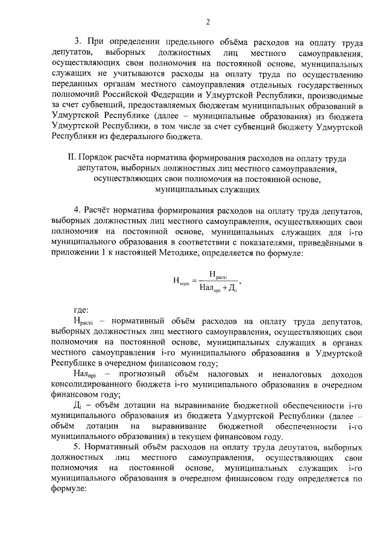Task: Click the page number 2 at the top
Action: click(207, 23)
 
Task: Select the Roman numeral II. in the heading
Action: click(72, 157)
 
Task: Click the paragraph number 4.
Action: click(77, 210)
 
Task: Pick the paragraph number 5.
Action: click(77, 449)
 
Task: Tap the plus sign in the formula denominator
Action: click(225, 287)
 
